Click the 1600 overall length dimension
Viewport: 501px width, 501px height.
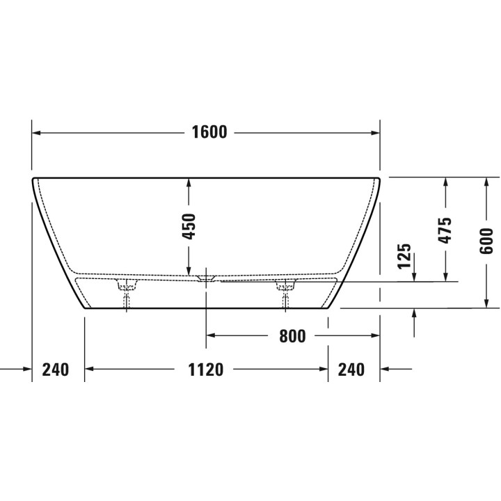(x=209, y=132)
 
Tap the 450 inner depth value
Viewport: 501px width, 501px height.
(x=189, y=227)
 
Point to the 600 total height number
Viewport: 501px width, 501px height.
(x=486, y=241)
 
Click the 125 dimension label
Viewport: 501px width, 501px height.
(x=404, y=256)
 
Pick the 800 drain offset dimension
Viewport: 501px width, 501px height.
(x=292, y=336)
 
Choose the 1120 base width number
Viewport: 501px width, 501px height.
(x=205, y=369)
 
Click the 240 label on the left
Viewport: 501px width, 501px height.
(x=56, y=369)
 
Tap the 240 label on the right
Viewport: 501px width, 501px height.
(x=351, y=369)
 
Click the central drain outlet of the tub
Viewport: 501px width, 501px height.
(x=206, y=278)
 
